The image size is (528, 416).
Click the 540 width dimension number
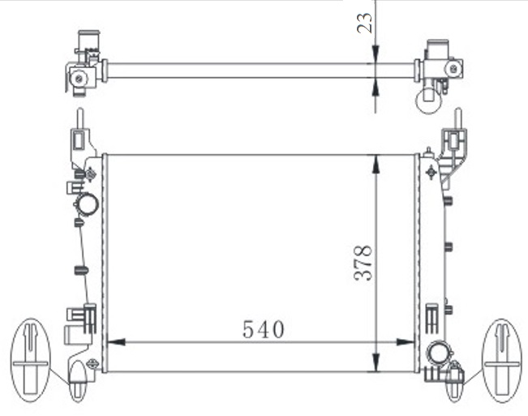[263, 329]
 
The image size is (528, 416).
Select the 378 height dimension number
[364, 263]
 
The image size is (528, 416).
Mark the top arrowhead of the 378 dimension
[375, 161]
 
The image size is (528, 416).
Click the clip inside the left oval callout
[30, 357]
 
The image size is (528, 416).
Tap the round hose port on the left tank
[87, 204]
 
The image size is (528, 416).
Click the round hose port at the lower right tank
[439, 353]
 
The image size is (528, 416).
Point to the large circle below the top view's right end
[427, 101]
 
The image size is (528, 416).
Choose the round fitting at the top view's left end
[79, 78]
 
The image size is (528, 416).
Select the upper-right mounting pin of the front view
[457, 120]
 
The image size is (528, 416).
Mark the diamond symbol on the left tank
[91, 173]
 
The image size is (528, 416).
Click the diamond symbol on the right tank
[429, 171]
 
